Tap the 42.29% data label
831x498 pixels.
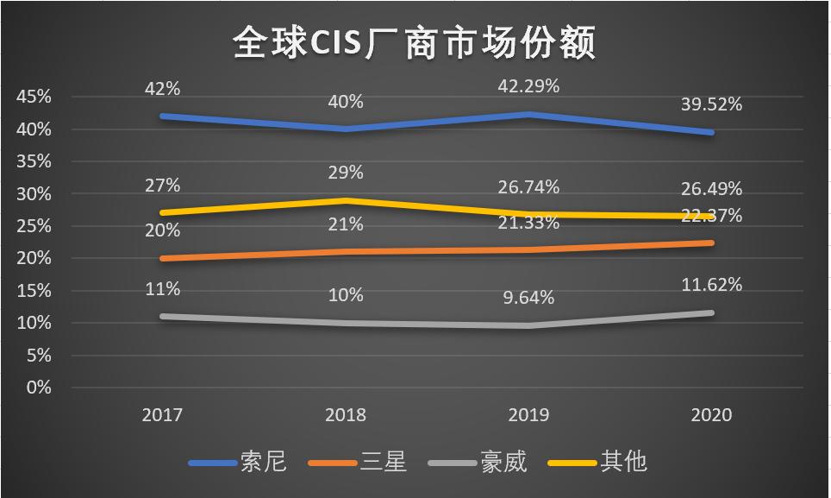pyautogui.click(x=528, y=86)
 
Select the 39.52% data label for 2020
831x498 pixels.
pyautogui.click(x=711, y=104)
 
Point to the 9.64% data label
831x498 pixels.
pyautogui.click(x=528, y=298)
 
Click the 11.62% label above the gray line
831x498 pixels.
pyautogui.click(x=711, y=284)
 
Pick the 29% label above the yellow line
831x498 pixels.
pyautogui.click(x=346, y=173)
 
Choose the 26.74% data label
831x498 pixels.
pyautogui.click(x=528, y=187)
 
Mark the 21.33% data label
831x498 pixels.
pyautogui.click(x=528, y=223)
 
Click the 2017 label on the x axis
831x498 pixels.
pyautogui.click(x=162, y=415)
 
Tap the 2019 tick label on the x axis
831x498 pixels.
pyautogui.click(x=528, y=415)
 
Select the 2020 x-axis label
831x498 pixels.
pyautogui.click(x=711, y=415)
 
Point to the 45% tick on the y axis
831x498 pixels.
pyautogui.click(x=33, y=97)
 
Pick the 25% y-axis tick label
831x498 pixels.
pyautogui.click(x=33, y=226)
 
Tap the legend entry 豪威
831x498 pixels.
pyautogui.click(x=503, y=462)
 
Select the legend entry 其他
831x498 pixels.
pyautogui.click(x=622, y=462)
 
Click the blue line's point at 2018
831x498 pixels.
pyautogui.click(x=346, y=129)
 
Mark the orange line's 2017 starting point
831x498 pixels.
pyautogui.click(x=162, y=258)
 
